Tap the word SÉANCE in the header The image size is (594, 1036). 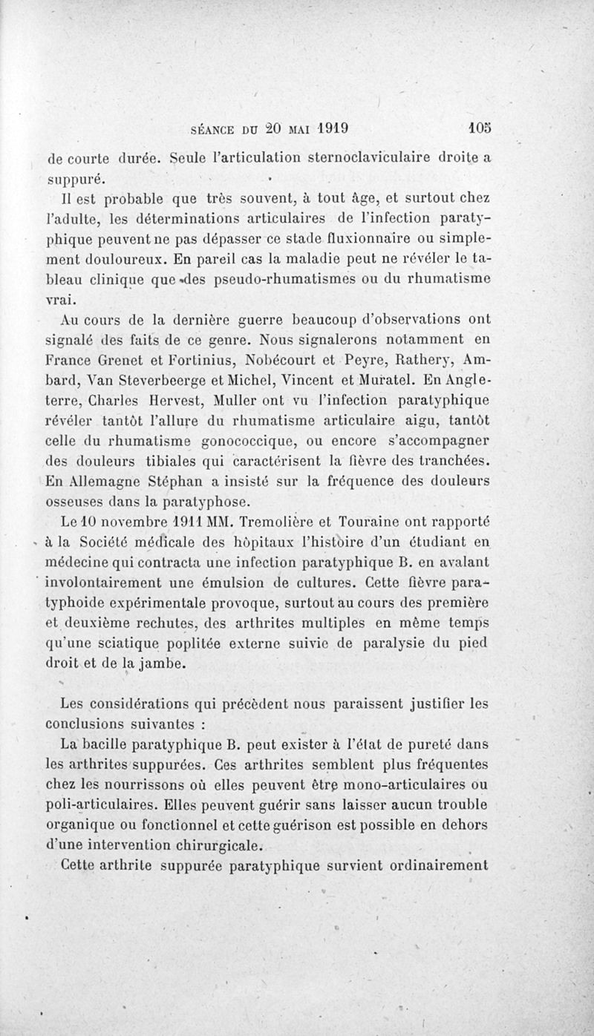pos(216,128)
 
